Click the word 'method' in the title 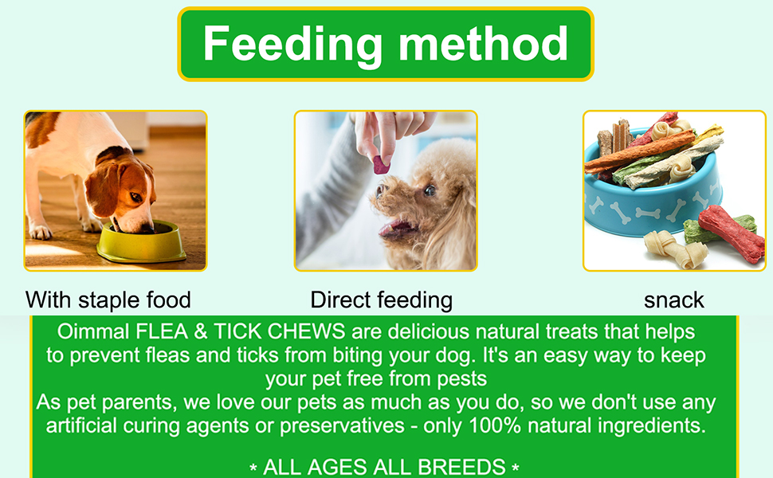(x=483, y=44)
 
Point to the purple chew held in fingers (x=382, y=165)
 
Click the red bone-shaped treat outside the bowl (x=732, y=230)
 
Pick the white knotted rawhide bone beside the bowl (x=667, y=248)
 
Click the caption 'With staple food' (x=108, y=300)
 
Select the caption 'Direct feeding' (x=381, y=300)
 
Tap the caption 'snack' (x=674, y=300)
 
